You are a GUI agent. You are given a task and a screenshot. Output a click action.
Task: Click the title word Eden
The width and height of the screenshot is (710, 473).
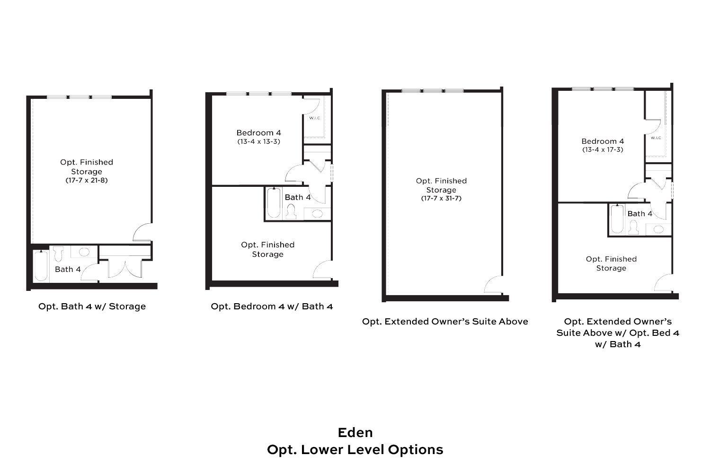(x=355, y=433)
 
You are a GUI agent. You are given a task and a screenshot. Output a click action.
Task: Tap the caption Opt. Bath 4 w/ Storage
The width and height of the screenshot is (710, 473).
(x=92, y=307)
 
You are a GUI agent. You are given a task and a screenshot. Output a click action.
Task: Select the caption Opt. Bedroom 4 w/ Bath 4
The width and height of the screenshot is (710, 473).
(x=272, y=307)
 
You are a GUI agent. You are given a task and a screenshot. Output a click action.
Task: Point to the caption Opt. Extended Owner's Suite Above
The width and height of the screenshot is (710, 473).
(x=445, y=322)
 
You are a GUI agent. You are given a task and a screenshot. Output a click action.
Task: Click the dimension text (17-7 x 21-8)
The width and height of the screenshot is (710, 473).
(x=87, y=180)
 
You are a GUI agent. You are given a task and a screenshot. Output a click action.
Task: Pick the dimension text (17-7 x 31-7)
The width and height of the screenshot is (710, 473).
(x=441, y=198)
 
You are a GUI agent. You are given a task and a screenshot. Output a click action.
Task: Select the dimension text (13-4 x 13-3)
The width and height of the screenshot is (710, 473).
(x=258, y=141)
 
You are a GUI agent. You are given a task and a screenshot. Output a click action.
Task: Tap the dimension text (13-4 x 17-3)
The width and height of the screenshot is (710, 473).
(x=603, y=149)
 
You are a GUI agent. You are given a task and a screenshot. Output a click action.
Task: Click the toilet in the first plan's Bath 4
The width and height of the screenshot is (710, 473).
(x=58, y=254)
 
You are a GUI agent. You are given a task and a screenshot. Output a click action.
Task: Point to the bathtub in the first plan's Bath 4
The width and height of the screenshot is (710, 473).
(x=41, y=265)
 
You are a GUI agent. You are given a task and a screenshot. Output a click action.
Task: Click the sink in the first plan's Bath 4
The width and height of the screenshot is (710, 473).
(x=84, y=252)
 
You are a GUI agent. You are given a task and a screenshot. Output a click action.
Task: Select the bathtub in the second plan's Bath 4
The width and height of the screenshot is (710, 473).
(x=274, y=203)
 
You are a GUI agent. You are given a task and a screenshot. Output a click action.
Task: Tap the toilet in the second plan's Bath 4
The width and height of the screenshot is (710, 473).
(x=291, y=211)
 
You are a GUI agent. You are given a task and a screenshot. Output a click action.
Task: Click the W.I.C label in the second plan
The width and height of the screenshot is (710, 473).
(x=315, y=118)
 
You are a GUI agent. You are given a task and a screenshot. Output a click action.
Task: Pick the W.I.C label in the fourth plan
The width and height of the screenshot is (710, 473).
(x=656, y=138)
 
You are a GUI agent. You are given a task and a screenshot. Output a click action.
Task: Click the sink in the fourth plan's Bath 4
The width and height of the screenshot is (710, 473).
(x=658, y=229)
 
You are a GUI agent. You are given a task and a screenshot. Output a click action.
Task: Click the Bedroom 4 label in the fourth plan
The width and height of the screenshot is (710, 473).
(x=603, y=141)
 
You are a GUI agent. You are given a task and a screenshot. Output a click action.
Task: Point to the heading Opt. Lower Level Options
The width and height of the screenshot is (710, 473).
(x=355, y=450)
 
